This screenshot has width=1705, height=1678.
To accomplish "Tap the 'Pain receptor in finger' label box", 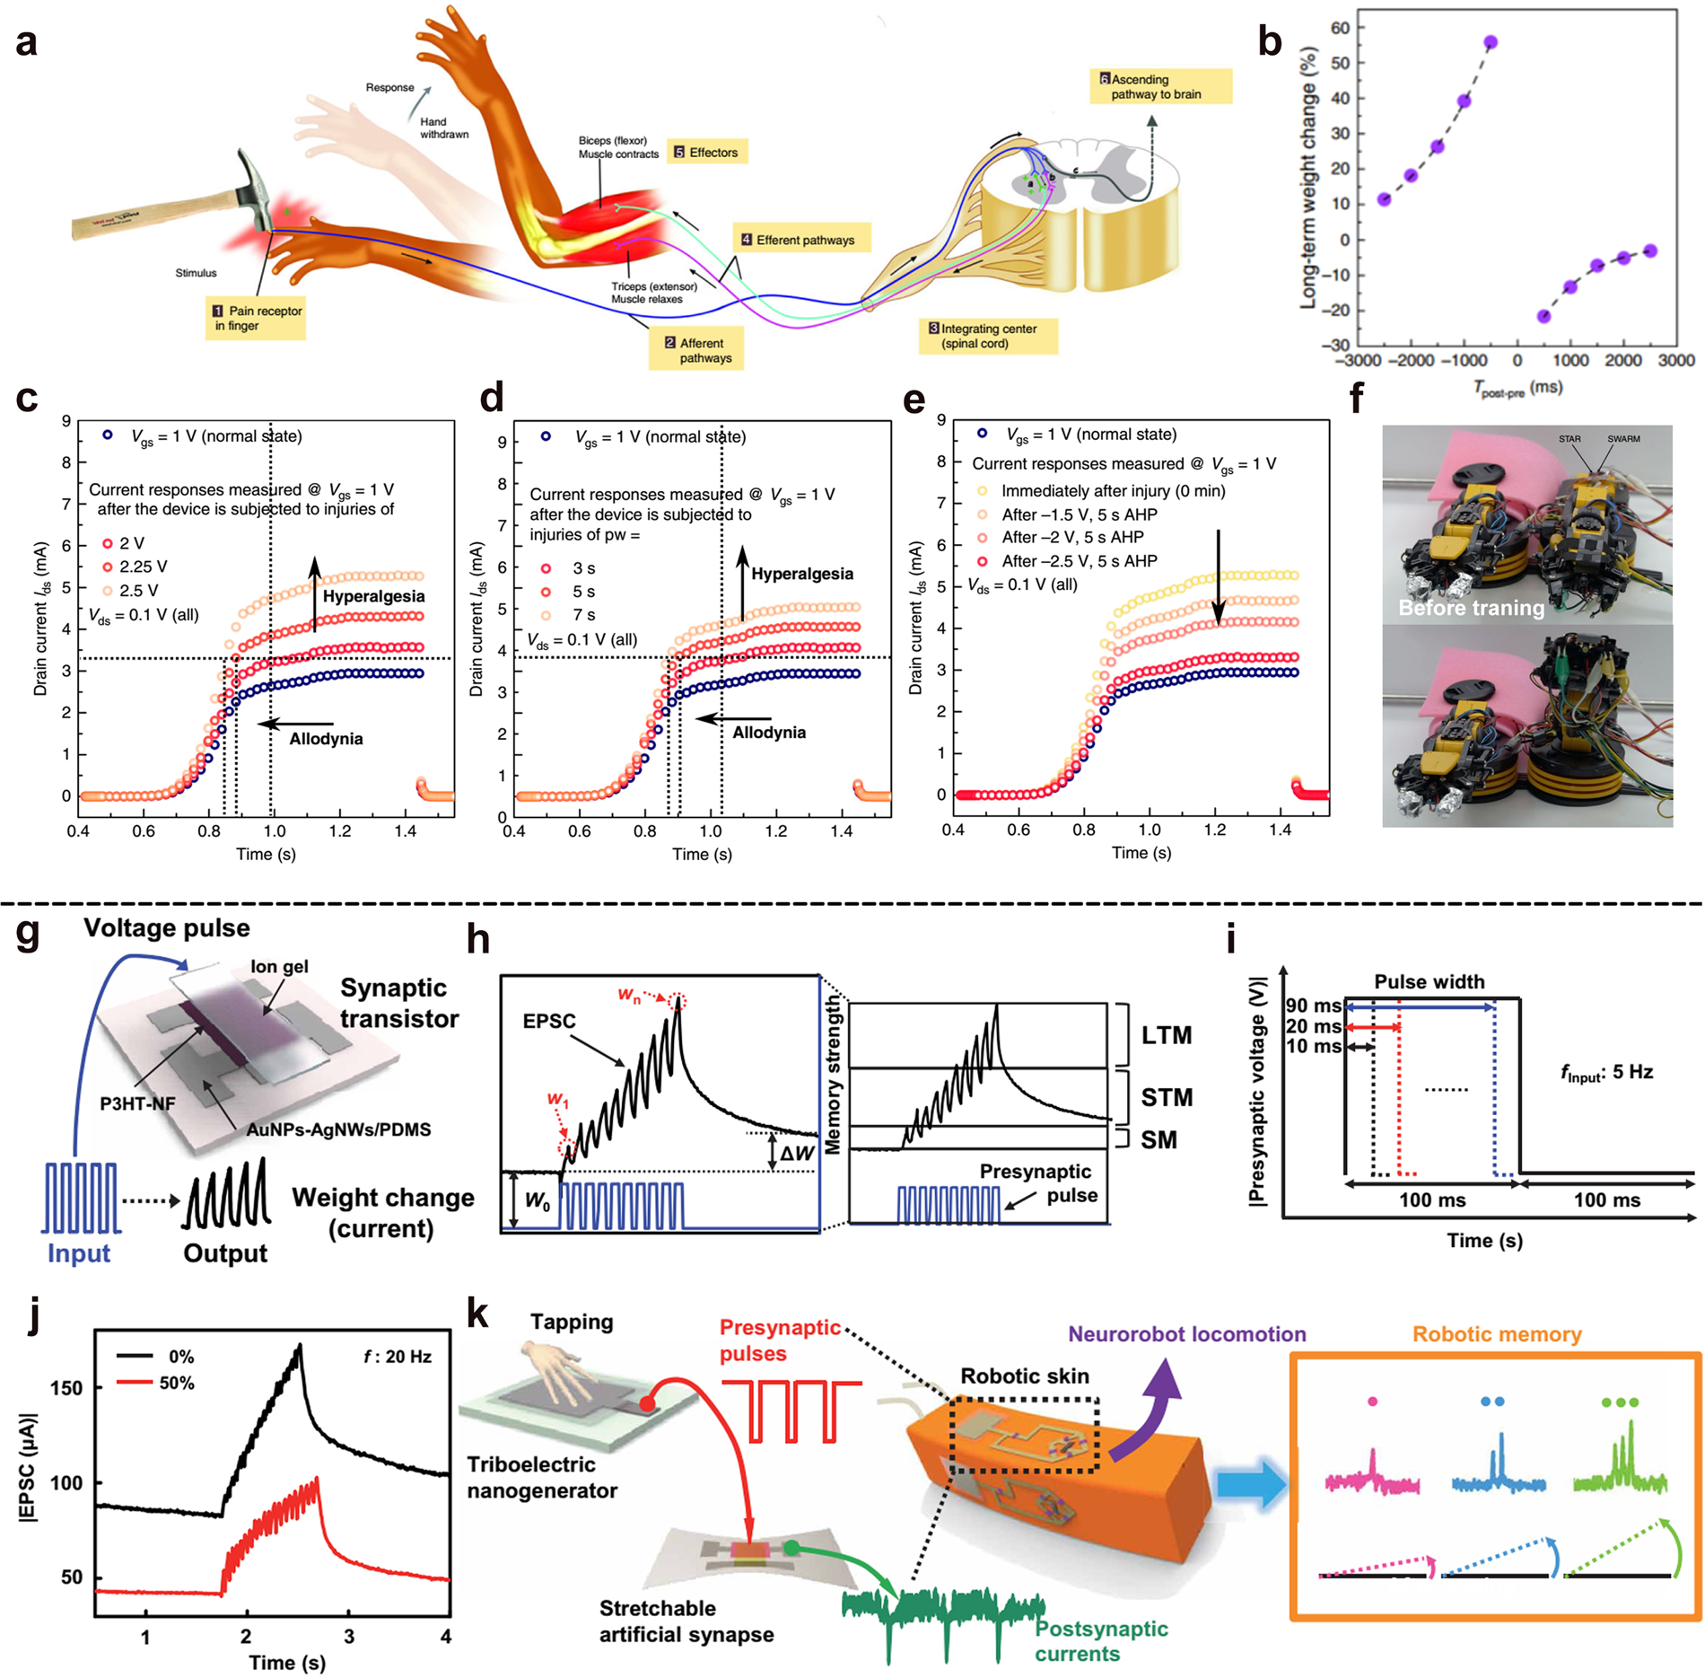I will [x=256, y=318].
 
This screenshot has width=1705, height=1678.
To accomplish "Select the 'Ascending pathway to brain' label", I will [x=1159, y=86].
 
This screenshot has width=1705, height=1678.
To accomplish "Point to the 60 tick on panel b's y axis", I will [x=1340, y=28].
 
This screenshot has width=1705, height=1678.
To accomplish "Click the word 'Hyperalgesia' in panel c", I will [x=373, y=596].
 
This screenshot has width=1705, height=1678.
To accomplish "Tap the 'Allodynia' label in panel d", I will [x=768, y=732].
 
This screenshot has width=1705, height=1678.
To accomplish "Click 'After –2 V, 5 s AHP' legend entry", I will [x=1071, y=537].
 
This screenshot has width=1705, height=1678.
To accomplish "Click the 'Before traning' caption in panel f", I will [x=1471, y=608].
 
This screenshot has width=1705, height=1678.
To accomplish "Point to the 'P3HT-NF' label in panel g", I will [x=137, y=1103].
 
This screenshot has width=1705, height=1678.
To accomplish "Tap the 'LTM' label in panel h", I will [x=1166, y=1035].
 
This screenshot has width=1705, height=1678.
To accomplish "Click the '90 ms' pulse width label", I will [x=1313, y=1006].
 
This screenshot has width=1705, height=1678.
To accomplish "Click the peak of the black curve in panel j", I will [x=300, y=1346].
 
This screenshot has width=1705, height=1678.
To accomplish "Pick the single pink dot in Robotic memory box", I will [x=1372, y=1401].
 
